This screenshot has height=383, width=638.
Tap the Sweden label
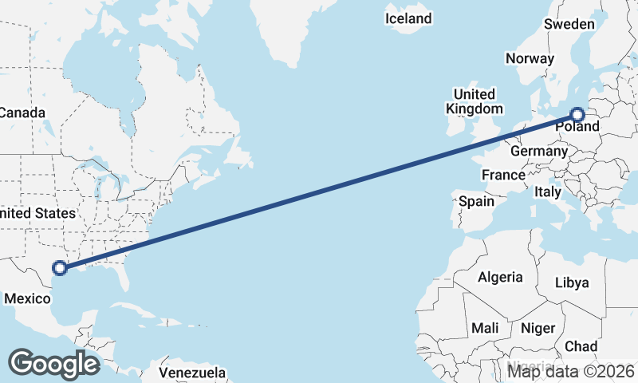tap(569, 24)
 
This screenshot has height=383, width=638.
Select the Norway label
tap(530, 58)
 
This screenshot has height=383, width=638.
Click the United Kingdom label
tap(475, 101)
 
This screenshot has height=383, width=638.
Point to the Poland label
tap(577, 127)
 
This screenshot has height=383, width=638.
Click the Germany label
tap(539, 151)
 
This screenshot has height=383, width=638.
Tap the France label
tap(503, 175)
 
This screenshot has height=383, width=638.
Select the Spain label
tap(476, 201)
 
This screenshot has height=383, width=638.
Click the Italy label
tap(548, 191)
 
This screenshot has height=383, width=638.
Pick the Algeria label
tap(500, 277)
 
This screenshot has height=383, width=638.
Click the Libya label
tap(572, 282)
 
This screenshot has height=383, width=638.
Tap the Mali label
tap(485, 328)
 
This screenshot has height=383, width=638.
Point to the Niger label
tap(538, 328)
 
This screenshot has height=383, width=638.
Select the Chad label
tap(581, 346)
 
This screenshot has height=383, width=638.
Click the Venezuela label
tap(191, 373)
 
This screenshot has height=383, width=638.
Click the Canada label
tap(22, 113)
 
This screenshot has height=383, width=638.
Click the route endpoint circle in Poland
tap(578, 115)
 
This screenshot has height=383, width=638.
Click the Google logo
tap(53, 364)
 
